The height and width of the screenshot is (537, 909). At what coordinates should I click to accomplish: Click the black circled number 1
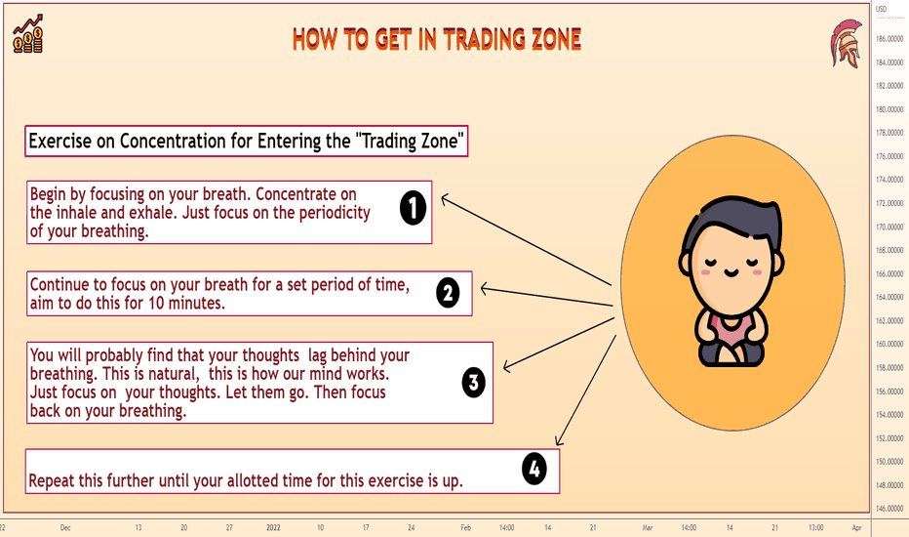tap(413, 208)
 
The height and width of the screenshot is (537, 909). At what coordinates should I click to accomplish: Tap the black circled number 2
tap(448, 293)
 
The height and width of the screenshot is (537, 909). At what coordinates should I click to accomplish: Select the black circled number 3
tap(474, 383)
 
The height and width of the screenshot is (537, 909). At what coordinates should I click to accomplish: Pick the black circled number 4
tap(534, 469)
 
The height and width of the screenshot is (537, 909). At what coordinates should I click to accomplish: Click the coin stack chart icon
tap(28, 35)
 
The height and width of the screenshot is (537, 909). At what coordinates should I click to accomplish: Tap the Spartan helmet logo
tap(846, 44)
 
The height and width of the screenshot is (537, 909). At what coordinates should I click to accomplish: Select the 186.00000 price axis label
tap(889, 39)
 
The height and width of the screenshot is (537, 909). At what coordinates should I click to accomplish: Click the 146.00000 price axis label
tap(889, 509)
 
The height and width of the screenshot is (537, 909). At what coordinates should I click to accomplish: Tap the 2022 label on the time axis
tap(273, 527)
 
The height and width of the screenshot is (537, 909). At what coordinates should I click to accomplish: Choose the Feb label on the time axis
tap(465, 527)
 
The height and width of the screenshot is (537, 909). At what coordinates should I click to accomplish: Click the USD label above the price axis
tap(881, 9)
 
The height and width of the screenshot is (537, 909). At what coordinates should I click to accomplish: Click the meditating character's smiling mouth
tap(731, 272)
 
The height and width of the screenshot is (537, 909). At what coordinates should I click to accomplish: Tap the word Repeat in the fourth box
tap(52, 481)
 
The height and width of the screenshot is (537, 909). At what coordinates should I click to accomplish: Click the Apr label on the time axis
tap(857, 527)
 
